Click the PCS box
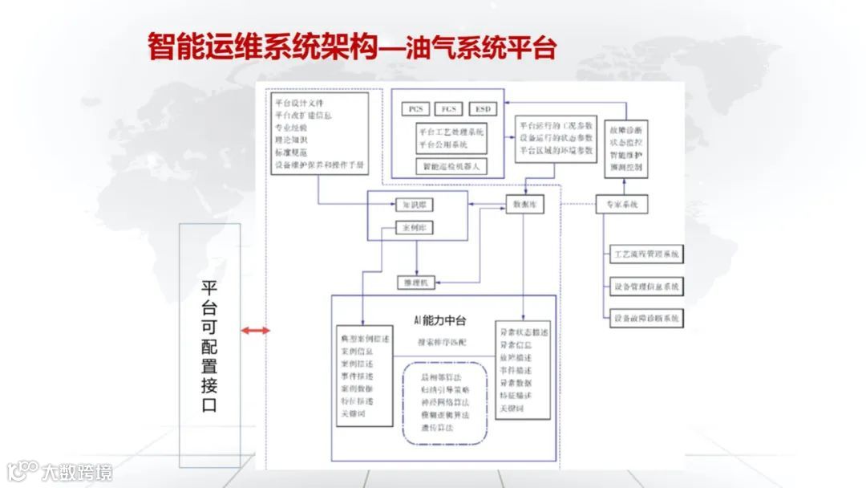point(415,108)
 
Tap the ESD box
point(483,108)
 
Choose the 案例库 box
point(415,229)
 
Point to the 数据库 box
point(525,205)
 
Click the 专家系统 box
point(622,205)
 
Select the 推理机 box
point(415,283)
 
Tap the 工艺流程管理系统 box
point(646,254)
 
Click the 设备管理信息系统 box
point(646,287)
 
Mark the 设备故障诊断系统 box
point(646,319)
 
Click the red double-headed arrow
point(257,331)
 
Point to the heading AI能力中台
point(440,320)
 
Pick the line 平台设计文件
point(299,104)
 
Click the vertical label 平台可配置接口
point(209,345)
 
